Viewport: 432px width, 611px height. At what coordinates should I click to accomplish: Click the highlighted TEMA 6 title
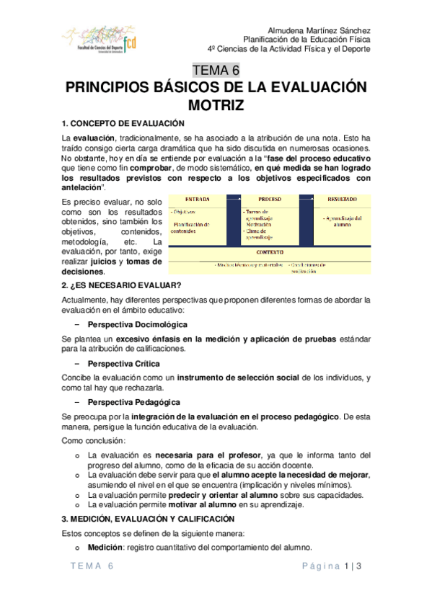click(x=216, y=71)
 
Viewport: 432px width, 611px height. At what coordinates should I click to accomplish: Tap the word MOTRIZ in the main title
click(x=216, y=105)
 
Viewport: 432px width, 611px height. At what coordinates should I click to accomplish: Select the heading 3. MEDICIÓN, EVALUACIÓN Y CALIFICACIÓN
click(x=148, y=519)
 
